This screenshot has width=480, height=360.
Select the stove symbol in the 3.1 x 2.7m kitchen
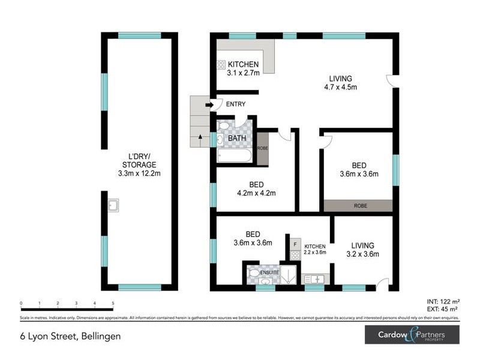tap(220, 65)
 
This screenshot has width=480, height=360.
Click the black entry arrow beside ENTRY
tap(209, 104)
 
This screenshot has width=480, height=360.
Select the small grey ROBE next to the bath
tap(262, 148)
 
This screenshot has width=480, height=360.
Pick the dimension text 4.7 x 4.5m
tap(340, 87)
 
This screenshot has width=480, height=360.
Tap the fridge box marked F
tap(295, 244)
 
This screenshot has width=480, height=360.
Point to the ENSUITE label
tap(268, 272)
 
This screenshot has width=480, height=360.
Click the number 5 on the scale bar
tap(113, 304)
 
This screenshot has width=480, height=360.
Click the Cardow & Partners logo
tap(412, 335)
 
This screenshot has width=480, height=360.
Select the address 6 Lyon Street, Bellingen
tap(61, 336)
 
